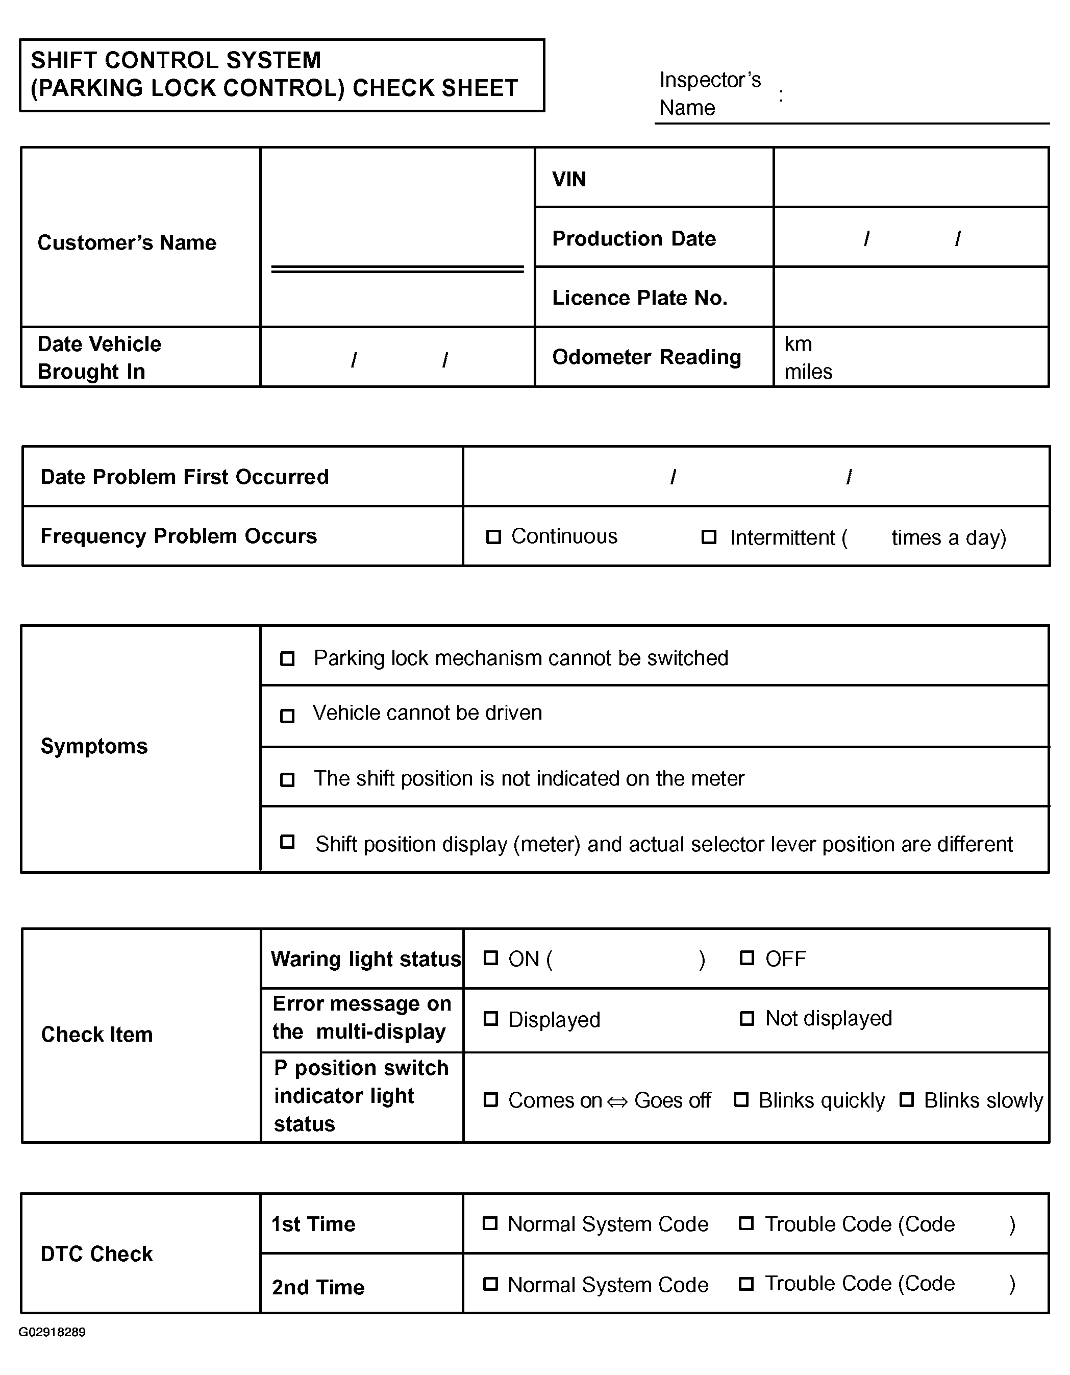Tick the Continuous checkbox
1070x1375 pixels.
pos(493,537)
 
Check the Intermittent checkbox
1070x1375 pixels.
pos(709,537)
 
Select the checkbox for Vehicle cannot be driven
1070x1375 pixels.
pos(287,716)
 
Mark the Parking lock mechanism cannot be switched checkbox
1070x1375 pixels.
pos(287,658)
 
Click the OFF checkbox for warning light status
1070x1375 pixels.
pos(746,958)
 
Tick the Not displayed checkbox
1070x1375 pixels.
pos(746,1019)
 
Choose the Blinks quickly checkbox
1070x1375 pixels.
pos(741,1100)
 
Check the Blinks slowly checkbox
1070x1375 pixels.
pos(906,1100)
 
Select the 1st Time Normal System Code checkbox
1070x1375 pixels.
pos(490,1223)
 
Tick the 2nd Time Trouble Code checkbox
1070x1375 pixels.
pos(746,1284)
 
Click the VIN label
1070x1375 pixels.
pos(569,180)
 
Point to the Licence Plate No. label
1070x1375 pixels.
pos(639,298)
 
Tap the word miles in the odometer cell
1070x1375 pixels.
pos(808,372)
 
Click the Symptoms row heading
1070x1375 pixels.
pos(94,746)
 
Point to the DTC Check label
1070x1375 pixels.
pos(97,1254)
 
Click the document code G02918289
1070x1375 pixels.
pos(52,1332)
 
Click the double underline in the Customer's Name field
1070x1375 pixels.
pos(397,269)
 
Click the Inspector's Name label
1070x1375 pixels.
pos(710,93)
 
